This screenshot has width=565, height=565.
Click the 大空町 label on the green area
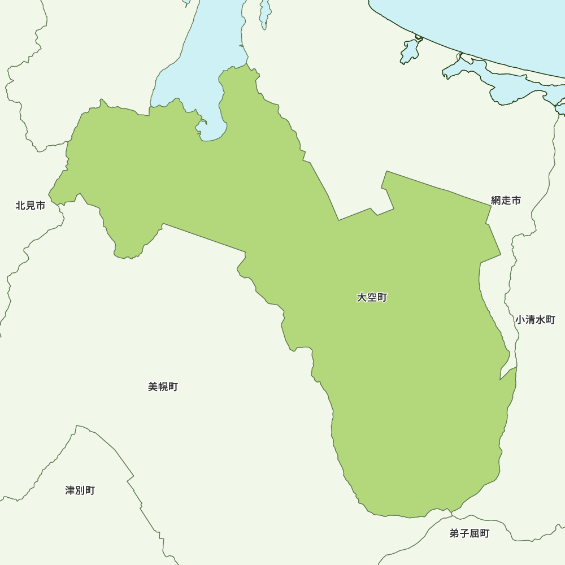[x=372, y=297]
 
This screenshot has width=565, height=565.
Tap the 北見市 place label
[x=31, y=206]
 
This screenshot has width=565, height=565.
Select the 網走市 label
[x=506, y=200]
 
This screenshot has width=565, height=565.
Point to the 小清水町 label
[x=535, y=320]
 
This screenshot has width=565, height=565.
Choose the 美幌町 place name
[x=163, y=387]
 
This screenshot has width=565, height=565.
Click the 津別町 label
[x=80, y=490]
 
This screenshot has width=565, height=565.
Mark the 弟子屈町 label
[x=470, y=533]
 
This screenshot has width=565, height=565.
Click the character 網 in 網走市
[x=496, y=200]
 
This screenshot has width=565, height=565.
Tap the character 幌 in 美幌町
[x=163, y=387]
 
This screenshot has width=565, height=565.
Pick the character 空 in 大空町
[x=372, y=297]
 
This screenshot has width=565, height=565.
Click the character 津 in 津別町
[x=70, y=490]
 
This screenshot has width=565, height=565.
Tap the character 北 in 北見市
[x=21, y=206]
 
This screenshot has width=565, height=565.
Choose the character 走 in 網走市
[x=506, y=200]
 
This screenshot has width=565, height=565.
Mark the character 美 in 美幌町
[x=153, y=387]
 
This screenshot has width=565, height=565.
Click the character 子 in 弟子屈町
[x=464, y=533]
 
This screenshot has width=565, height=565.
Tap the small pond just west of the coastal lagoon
[x=410, y=51]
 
